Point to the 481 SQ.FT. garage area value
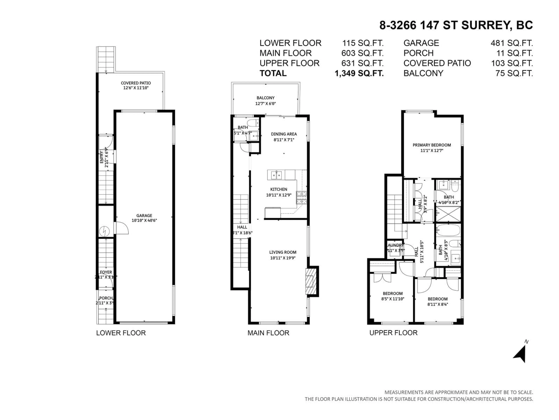click(512, 43)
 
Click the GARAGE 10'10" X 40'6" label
click(144, 218)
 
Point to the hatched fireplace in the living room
click(311, 281)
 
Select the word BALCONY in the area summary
click(423, 73)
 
